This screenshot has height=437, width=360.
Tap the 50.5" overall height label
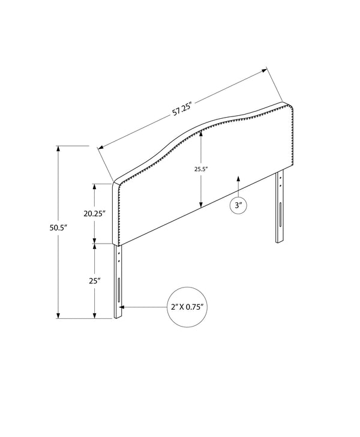tap(59, 228)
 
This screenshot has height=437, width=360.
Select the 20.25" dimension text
tap(94, 214)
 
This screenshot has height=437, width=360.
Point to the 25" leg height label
tap(95, 281)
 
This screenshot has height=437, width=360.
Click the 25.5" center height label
tap(201, 169)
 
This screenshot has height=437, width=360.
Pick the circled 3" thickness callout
tap(239, 206)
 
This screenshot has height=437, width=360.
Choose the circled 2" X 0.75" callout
tap(187, 307)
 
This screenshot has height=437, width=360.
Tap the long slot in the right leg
tap(280, 214)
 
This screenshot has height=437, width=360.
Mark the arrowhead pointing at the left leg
tap(122, 307)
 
